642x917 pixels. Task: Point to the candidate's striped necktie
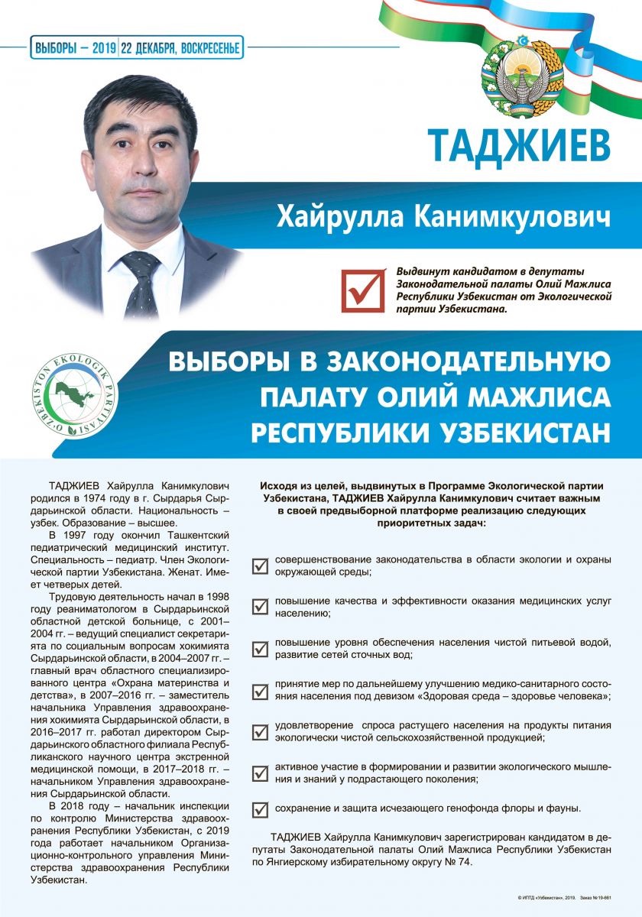pyautogui.click(x=141, y=283)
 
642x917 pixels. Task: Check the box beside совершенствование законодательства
pyautogui.click(x=260, y=566)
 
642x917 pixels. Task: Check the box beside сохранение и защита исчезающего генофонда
pyautogui.click(x=260, y=808)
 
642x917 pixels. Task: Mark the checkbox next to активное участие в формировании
pyautogui.click(x=260, y=773)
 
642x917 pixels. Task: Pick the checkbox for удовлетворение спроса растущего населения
pyautogui.click(x=260, y=731)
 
